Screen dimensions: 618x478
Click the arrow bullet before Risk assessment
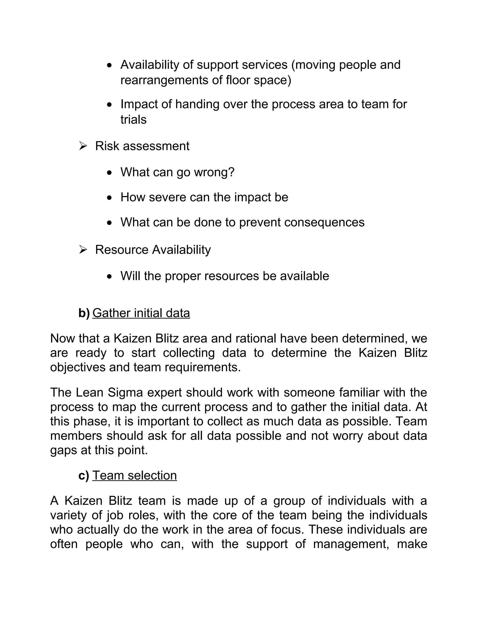[x=83, y=146]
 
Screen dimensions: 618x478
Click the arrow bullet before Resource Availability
[x=83, y=250]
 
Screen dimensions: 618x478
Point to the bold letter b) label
[x=84, y=313]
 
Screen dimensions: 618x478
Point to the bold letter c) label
[x=84, y=475]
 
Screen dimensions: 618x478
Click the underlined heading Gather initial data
[x=141, y=313]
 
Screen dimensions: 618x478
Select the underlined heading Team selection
[x=134, y=475]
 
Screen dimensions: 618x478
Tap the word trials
[x=133, y=120]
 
